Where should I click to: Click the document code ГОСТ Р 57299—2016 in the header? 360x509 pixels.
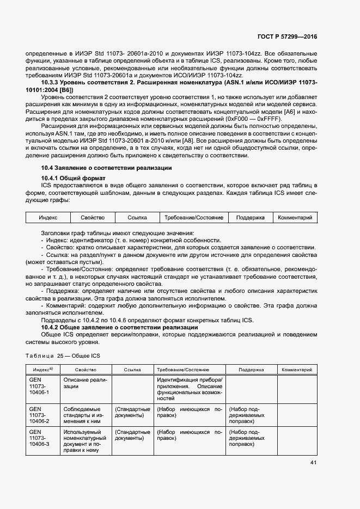pos(287,36)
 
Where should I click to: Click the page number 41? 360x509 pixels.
pos(313,463)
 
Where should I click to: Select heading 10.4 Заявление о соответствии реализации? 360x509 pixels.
pos(107,168)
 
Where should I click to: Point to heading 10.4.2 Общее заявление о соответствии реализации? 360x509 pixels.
pos(120,327)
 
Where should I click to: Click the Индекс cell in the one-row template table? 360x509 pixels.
pos(48,218)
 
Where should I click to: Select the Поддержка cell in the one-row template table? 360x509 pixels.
pos(251,218)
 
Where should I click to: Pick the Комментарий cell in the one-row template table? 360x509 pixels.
pos(295,218)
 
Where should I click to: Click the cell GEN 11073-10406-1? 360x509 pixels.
pos(39,385)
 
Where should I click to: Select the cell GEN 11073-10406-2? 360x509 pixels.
pos(39,415)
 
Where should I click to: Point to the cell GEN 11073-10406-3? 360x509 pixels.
pos(39,438)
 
